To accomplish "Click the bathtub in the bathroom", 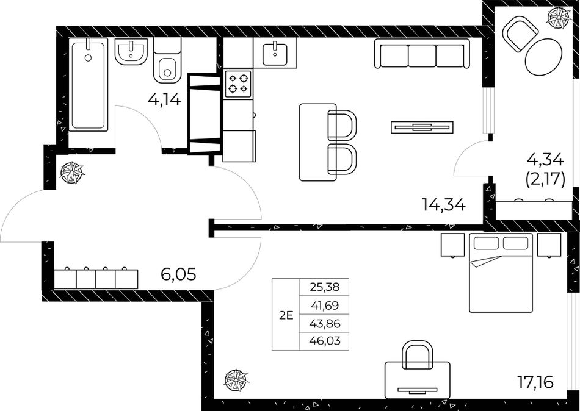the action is (x=88, y=85).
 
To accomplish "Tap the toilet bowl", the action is (x=167, y=62).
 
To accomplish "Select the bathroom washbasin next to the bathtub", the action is (x=131, y=51).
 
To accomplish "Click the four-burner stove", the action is (x=238, y=84).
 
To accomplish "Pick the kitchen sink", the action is (x=275, y=54).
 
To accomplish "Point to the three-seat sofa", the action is (x=422, y=54).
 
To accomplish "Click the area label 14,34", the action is (x=443, y=204).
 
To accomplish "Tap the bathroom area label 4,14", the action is (x=165, y=99).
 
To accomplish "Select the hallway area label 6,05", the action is (x=178, y=274).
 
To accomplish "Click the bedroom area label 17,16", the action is (x=535, y=382).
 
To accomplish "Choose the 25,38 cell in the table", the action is (x=324, y=287).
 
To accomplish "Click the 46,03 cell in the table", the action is (x=324, y=341).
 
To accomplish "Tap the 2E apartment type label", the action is (x=286, y=315).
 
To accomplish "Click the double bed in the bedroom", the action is (x=501, y=273).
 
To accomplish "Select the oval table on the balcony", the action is (x=543, y=57).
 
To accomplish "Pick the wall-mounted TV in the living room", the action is (x=422, y=126).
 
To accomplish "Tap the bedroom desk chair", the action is (x=417, y=354).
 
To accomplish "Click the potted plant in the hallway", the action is (x=72, y=173).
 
